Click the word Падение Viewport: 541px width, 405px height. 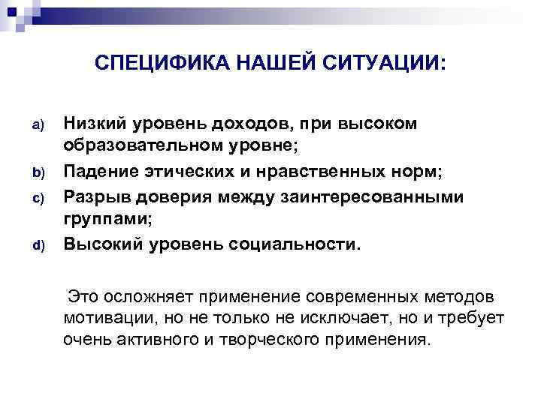point(97,172)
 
